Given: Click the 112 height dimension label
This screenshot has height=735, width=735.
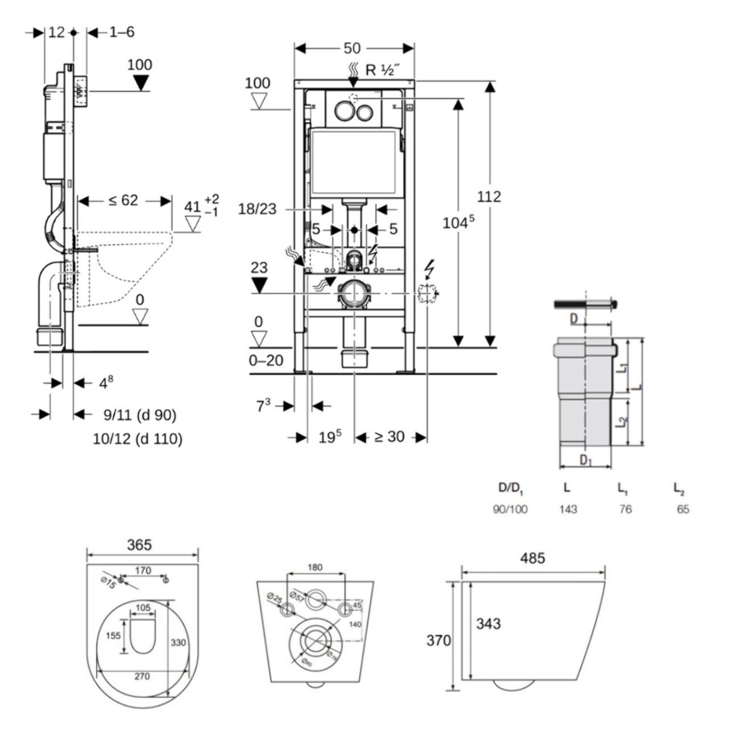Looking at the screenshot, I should (x=489, y=197).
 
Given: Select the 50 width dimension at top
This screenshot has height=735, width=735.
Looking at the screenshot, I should (x=352, y=48).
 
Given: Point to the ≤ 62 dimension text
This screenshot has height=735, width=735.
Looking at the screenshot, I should (x=123, y=201).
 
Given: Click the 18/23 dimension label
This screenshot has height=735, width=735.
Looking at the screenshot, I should (x=257, y=209).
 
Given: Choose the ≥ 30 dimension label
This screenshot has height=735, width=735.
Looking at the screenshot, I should (x=389, y=437).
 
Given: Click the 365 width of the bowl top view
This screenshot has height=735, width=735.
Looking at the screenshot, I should (x=139, y=545).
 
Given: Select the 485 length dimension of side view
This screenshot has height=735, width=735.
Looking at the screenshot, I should (x=532, y=558).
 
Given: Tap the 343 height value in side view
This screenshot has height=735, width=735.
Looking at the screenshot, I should (x=488, y=623).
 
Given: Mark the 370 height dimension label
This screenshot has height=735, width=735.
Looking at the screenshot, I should (x=438, y=640).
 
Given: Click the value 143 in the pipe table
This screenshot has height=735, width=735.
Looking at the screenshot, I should (x=567, y=509).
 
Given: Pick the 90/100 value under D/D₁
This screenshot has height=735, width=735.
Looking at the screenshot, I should (x=510, y=509).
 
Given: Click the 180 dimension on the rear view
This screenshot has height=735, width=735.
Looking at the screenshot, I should (x=315, y=567).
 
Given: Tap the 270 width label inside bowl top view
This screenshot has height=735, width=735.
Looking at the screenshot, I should (x=142, y=676).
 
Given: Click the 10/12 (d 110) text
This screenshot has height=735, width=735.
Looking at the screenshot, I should (x=137, y=439).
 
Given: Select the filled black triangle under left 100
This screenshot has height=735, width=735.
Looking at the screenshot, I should (x=140, y=83).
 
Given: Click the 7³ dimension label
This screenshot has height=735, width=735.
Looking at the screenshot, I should (x=263, y=406).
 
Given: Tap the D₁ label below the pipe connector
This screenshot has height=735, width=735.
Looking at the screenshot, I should (x=585, y=460).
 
